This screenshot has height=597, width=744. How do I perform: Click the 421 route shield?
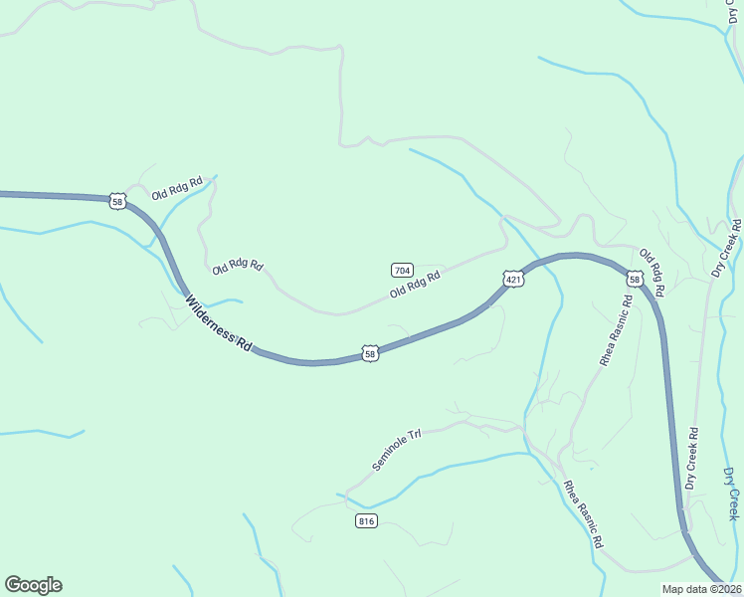[x=513, y=280]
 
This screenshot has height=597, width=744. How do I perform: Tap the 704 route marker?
[x=402, y=270]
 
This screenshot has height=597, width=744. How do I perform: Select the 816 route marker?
[x=366, y=520]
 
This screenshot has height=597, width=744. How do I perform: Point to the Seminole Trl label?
[x=397, y=450]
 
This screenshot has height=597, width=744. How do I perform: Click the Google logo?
[x=33, y=585]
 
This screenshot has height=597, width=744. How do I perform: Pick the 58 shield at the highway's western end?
[x=118, y=201]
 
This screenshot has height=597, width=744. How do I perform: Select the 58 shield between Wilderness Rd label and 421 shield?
[x=370, y=353]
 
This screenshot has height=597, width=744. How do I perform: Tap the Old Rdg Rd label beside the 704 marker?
[x=415, y=286]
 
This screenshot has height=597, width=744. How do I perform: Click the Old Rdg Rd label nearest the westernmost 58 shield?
[x=177, y=188]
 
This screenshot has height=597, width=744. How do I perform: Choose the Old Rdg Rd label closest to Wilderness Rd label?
[x=238, y=266]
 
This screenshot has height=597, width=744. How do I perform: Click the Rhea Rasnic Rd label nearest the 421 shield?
[x=616, y=330]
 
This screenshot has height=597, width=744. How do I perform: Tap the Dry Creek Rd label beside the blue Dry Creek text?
[x=691, y=459]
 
